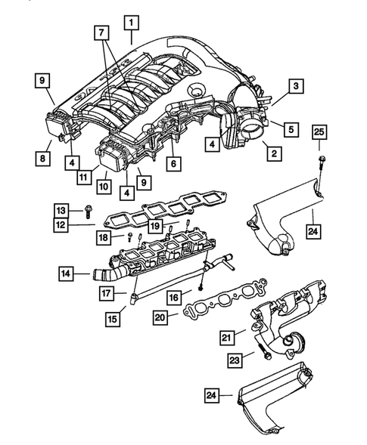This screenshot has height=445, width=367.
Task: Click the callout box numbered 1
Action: (132, 21)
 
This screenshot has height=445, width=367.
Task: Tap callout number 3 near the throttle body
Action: (296, 87)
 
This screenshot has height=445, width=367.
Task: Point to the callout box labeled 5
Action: (289, 129)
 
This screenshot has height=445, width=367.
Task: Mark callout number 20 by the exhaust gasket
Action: (159, 317)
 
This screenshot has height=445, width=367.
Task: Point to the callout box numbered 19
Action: (155, 225)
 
